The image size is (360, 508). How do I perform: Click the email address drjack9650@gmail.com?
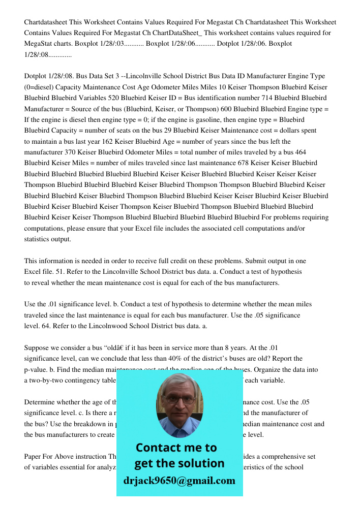tap(179, 480)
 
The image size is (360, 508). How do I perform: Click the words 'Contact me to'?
tap(176, 448)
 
